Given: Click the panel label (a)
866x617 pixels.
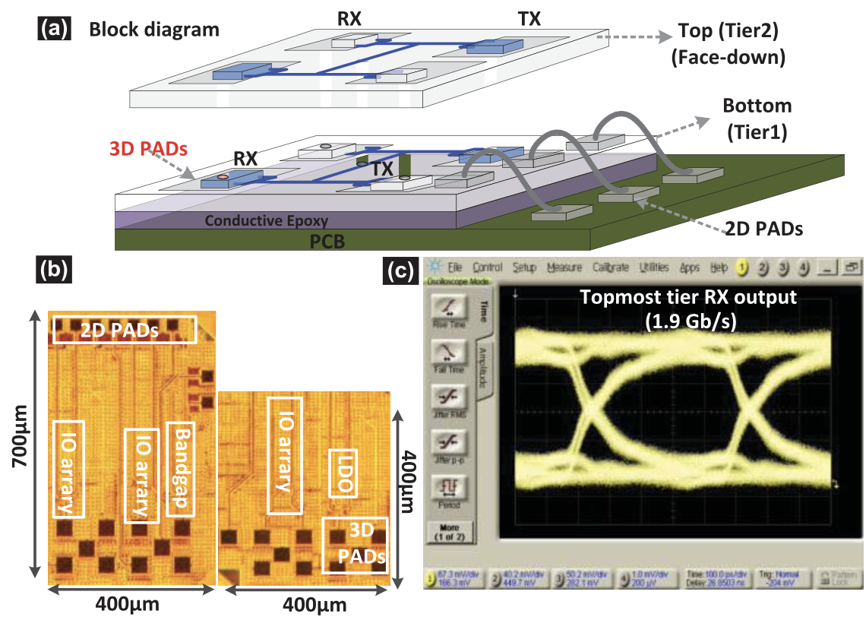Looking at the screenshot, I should tap(54, 30).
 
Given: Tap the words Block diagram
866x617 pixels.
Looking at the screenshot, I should tap(154, 30).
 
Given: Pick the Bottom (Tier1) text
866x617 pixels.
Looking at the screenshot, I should tap(757, 106).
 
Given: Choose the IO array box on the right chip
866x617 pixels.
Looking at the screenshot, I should tap(284, 454).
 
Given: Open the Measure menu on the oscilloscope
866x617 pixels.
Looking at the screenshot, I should tap(564, 267).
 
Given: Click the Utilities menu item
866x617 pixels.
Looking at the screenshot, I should tap(654, 267).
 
